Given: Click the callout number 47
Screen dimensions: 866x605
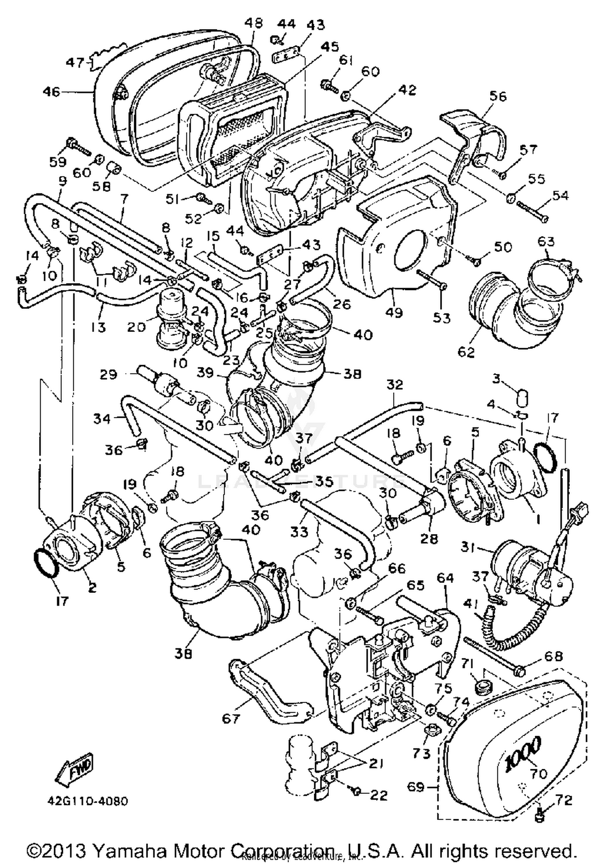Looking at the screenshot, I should pyautogui.click(x=75, y=63).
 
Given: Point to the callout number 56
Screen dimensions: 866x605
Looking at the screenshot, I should pyautogui.click(x=498, y=96).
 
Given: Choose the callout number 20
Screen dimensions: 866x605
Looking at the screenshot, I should pyautogui.click(x=136, y=326).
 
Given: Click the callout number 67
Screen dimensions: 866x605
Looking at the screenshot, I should pyautogui.click(x=231, y=718).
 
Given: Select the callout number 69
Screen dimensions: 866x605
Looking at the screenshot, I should pyautogui.click(x=417, y=787).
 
